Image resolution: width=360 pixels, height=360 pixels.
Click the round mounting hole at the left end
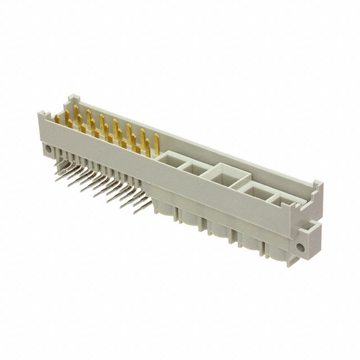click(x=48, y=150)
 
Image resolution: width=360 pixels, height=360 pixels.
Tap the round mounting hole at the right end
click(x=306, y=246)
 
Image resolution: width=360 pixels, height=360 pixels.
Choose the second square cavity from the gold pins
click(x=194, y=167)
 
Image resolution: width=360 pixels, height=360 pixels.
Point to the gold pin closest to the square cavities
click(x=156, y=143)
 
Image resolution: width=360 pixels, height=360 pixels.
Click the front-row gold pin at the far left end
click(x=59, y=119)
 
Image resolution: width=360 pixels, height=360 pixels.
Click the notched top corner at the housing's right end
click(x=317, y=186)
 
